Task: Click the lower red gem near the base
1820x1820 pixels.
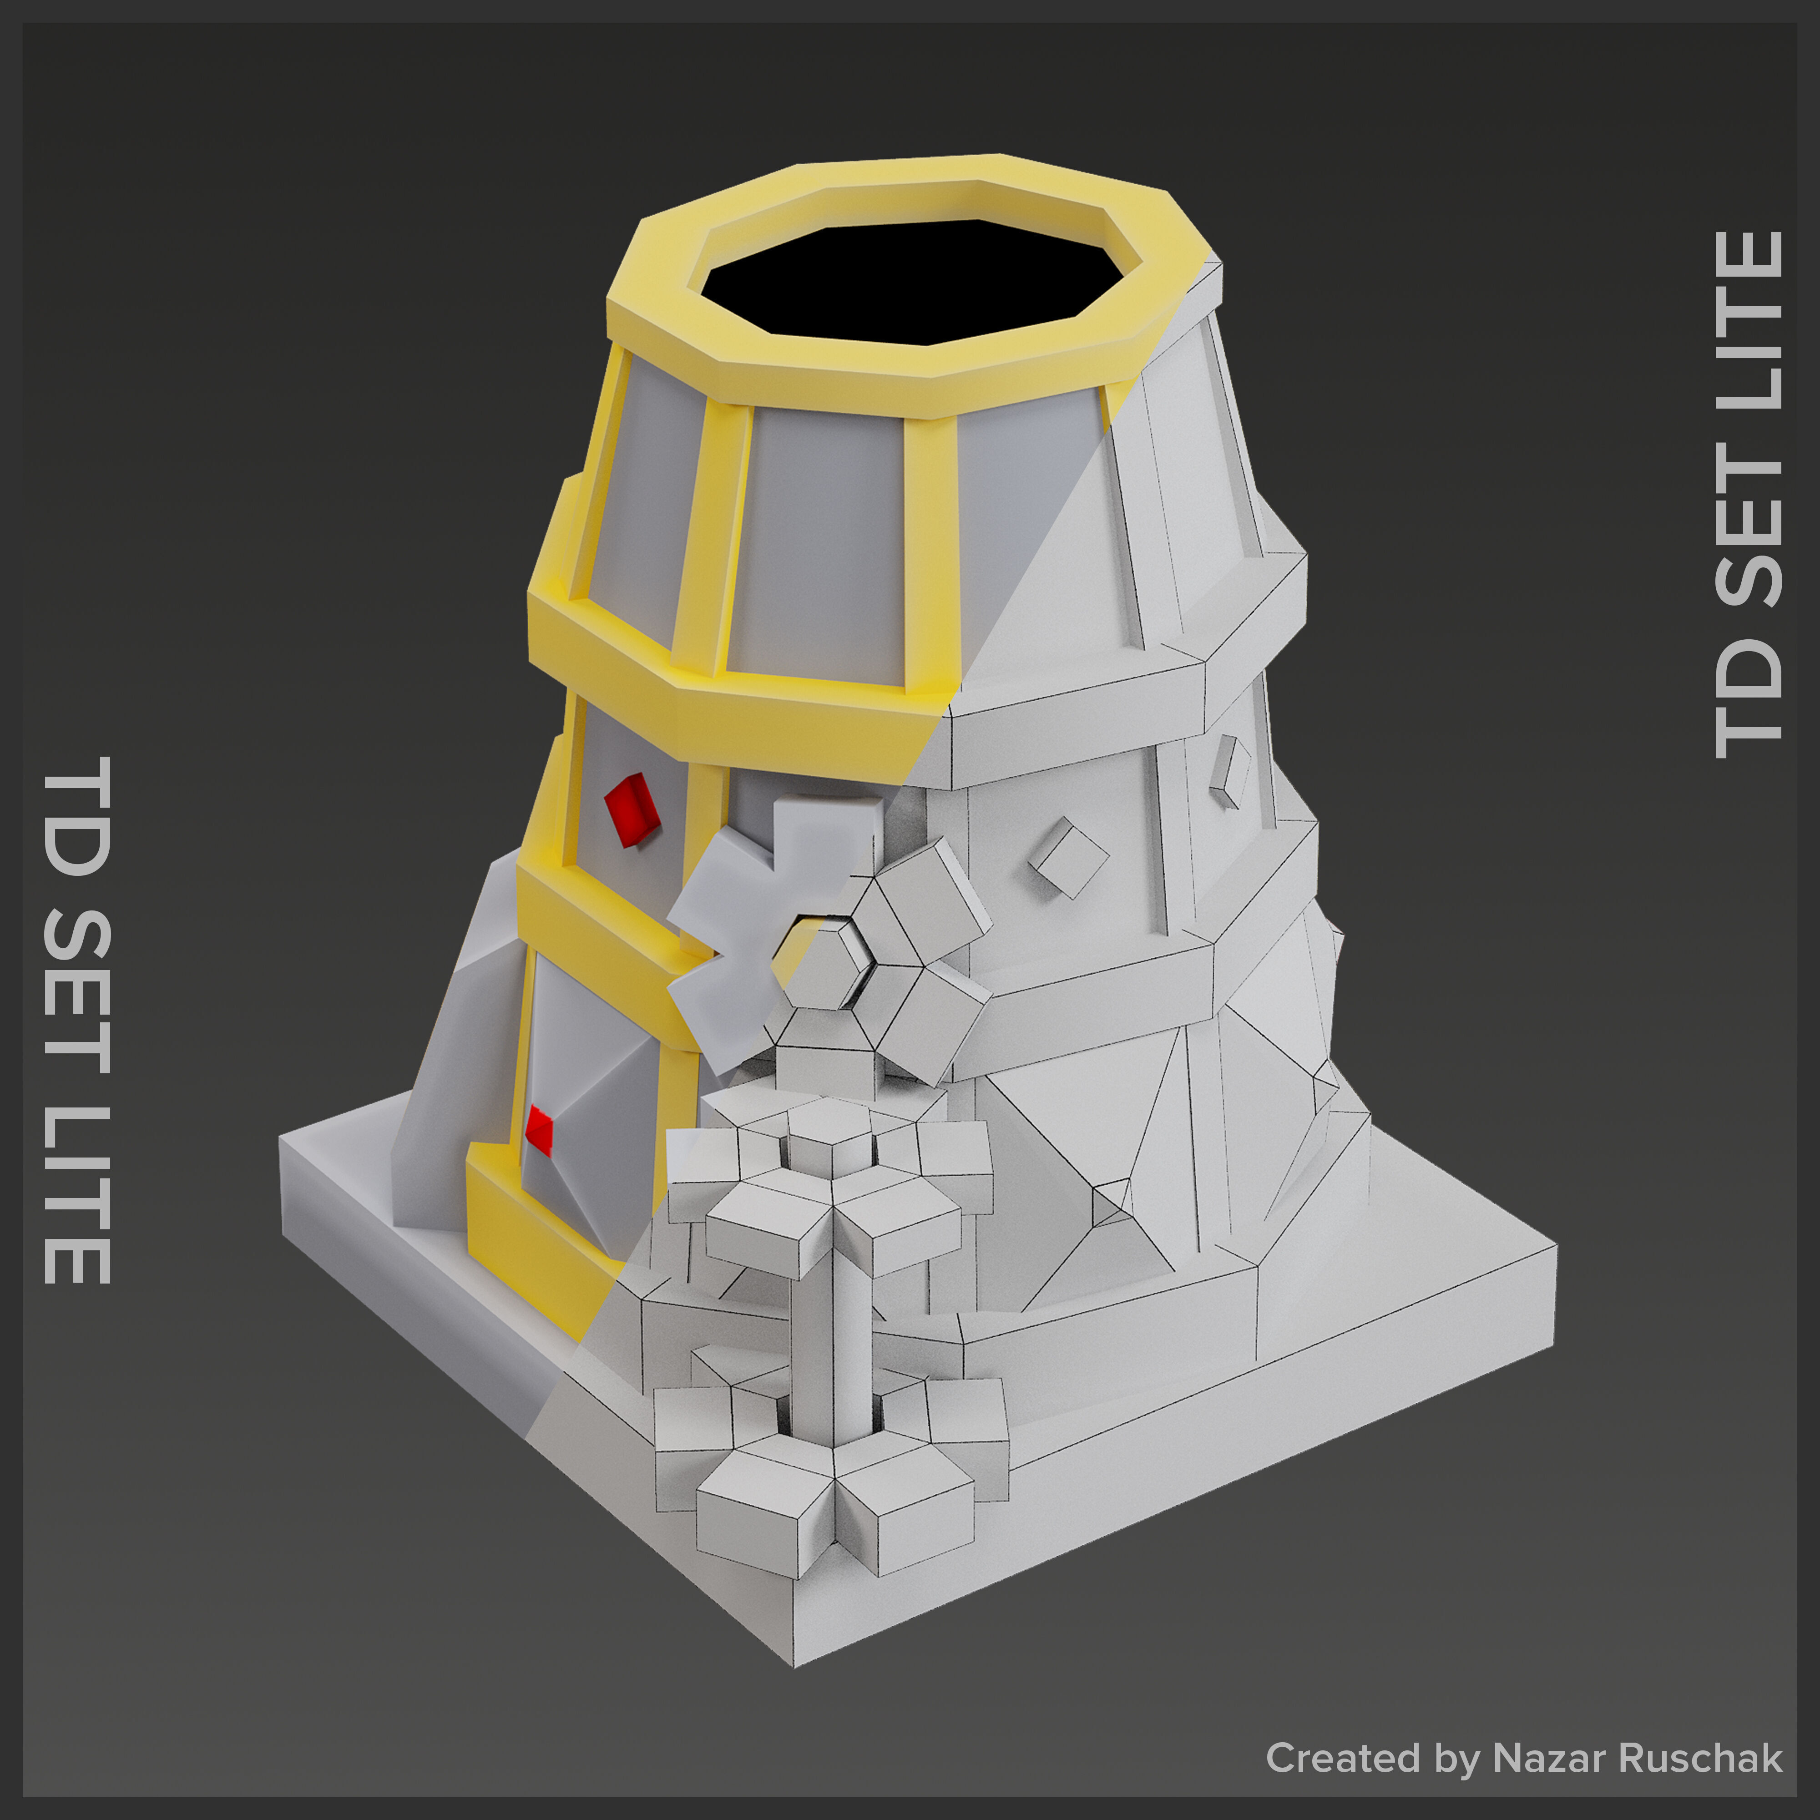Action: click(x=539, y=1129)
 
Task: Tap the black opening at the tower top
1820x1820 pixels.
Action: click(x=912, y=278)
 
